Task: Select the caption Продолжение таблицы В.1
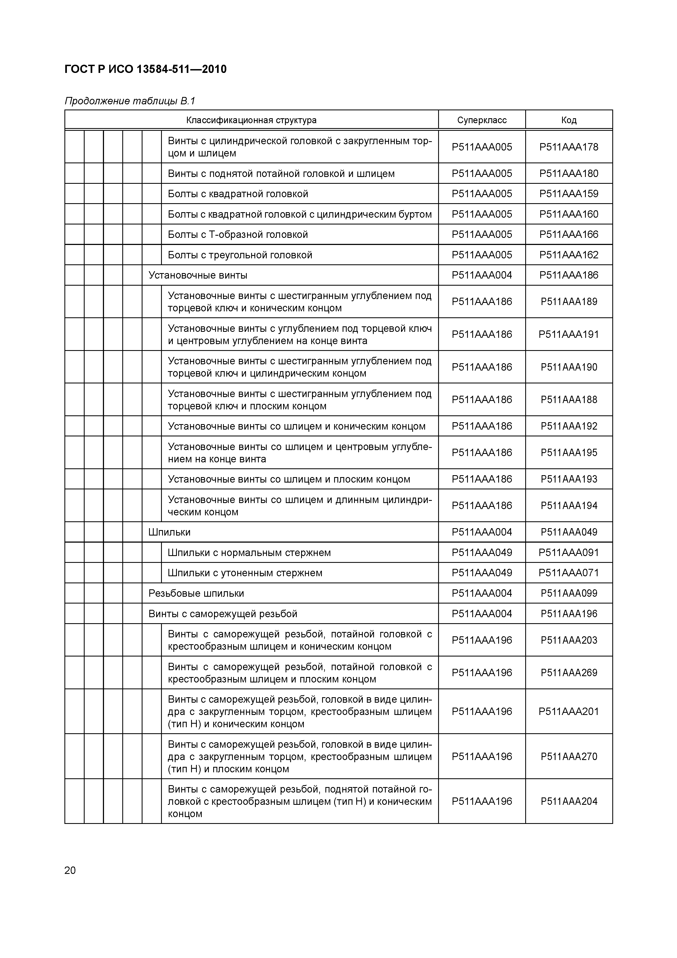tap(130, 101)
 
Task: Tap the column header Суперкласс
tap(482, 120)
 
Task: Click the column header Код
tap(569, 120)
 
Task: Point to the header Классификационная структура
tap(251, 120)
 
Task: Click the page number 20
tap(70, 870)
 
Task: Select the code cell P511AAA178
tap(569, 147)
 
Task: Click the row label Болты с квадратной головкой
tap(238, 194)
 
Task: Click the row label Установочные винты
tap(198, 275)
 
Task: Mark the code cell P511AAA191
tap(569, 334)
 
